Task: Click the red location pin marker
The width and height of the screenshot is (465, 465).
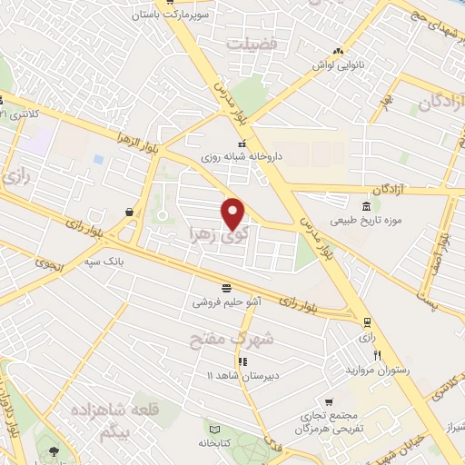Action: click(x=233, y=213)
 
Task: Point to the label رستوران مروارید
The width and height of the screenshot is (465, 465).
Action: click(x=374, y=371)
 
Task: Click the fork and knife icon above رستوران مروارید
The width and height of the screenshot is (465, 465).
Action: click(x=376, y=355)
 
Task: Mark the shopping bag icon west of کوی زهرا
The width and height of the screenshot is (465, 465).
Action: click(x=130, y=212)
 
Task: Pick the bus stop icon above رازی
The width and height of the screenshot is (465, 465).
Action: click(x=366, y=322)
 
